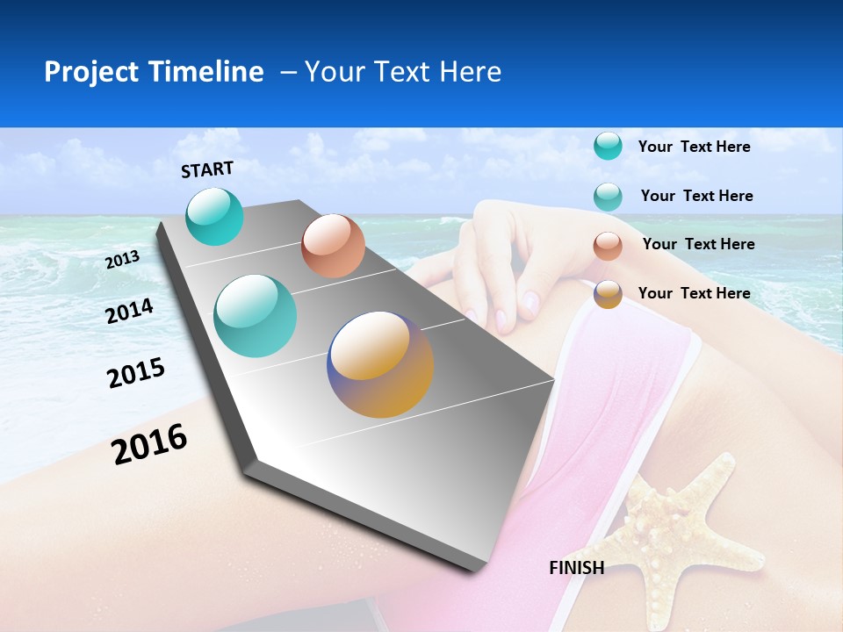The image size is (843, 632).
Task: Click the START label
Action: tap(207, 169)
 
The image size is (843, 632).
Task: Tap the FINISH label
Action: tap(576, 568)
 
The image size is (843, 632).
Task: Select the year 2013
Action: tap(122, 260)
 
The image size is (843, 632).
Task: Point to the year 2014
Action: tap(129, 312)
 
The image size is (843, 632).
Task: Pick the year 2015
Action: tap(136, 373)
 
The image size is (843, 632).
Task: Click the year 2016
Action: tap(149, 444)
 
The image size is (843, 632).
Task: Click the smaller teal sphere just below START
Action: tap(214, 216)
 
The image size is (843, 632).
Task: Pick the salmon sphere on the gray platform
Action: tap(333, 246)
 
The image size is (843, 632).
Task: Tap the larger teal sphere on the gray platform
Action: tap(256, 316)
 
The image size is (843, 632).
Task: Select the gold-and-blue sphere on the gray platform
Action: tap(380, 364)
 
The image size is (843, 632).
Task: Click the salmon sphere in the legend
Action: tap(608, 246)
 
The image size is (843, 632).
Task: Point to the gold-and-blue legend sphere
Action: tap(608, 294)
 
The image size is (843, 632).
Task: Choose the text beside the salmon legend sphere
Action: tap(698, 244)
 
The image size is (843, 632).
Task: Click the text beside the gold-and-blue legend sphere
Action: tap(694, 293)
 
